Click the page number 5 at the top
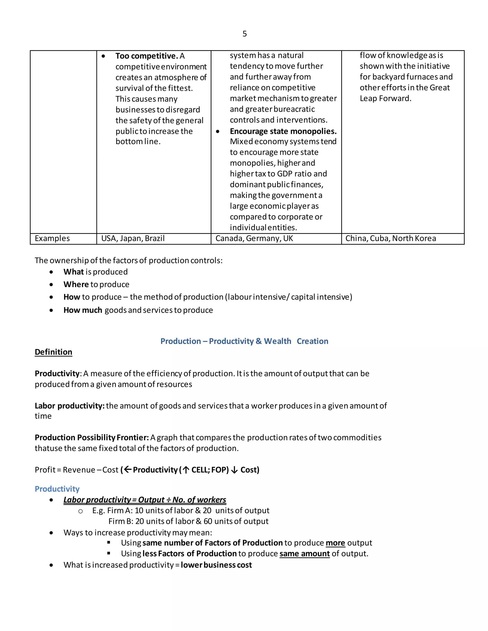(x=244, y=34)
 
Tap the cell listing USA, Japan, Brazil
(x=133, y=238)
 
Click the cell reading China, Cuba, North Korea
(x=391, y=238)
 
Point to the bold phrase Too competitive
(x=147, y=56)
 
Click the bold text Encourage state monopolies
(x=283, y=131)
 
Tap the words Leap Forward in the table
(x=385, y=99)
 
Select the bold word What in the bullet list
(x=73, y=272)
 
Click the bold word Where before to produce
(x=76, y=284)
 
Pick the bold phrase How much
(x=83, y=310)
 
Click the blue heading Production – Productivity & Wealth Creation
(x=244, y=341)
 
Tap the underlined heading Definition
(x=53, y=352)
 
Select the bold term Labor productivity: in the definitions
(x=69, y=406)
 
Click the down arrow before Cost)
(x=234, y=470)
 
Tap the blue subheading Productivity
(x=57, y=489)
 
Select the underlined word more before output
(x=335, y=543)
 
